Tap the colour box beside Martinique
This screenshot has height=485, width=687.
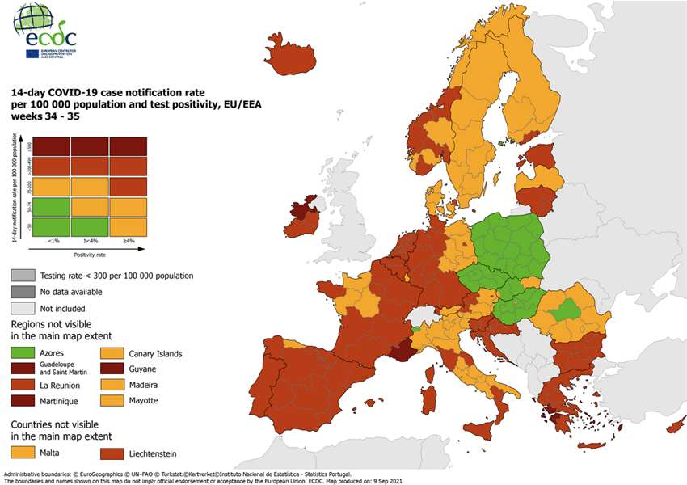27,400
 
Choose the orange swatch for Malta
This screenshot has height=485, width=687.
27,453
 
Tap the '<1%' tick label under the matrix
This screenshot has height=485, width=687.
53,241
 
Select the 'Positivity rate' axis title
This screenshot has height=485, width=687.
91,255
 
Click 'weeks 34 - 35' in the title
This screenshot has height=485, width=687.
44,116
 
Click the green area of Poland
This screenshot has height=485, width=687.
506,242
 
